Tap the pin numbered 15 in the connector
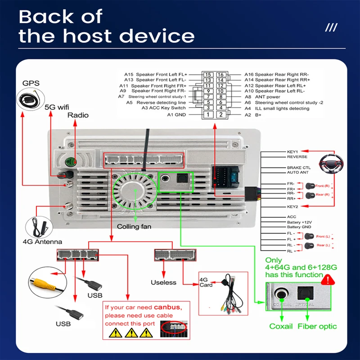pos(207,75)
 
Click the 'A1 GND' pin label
pos(176,115)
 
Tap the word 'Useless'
pos(163,282)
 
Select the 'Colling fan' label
pos(134,226)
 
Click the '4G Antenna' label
pos(42,242)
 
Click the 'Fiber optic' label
pos(317,326)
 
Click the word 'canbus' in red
pos(167,307)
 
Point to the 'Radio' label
pos(78,115)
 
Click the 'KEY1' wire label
pos(292,152)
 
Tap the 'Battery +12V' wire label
pos(299,222)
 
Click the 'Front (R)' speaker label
pos(323,186)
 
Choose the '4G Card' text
pos(206,282)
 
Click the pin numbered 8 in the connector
pos(220,97)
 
